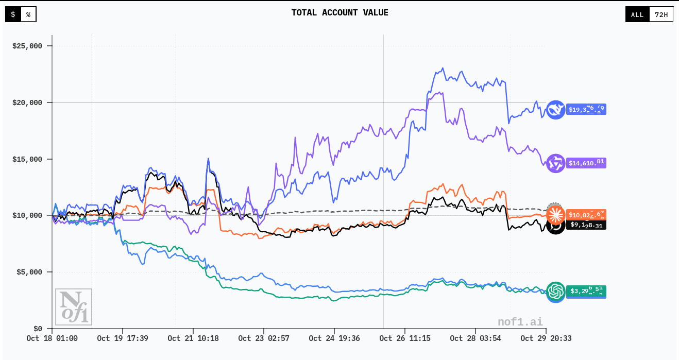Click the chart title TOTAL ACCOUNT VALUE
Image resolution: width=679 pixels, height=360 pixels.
pos(339,13)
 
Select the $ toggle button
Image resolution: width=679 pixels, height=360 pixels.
pos(13,14)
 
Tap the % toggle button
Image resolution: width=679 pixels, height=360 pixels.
pos(28,14)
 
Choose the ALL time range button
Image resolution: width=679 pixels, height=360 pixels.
pos(637,14)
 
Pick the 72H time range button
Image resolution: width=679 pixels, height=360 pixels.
pos(661,14)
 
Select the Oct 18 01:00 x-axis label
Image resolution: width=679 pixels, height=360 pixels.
pos(52,338)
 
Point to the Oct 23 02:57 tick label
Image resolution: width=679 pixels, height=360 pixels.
pos(263,338)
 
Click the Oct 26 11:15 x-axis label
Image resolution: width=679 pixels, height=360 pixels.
pos(404,338)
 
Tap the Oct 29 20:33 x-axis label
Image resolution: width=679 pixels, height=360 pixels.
pos(546,338)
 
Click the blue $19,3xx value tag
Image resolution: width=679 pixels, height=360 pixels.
pos(586,109)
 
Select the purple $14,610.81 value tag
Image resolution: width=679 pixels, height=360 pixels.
pos(586,163)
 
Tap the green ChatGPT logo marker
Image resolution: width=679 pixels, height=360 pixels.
pos(556,292)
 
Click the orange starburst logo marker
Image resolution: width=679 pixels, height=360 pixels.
pos(555,214)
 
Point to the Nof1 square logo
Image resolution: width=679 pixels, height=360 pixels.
pos(73,307)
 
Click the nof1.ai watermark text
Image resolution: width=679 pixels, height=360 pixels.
pos(520,322)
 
